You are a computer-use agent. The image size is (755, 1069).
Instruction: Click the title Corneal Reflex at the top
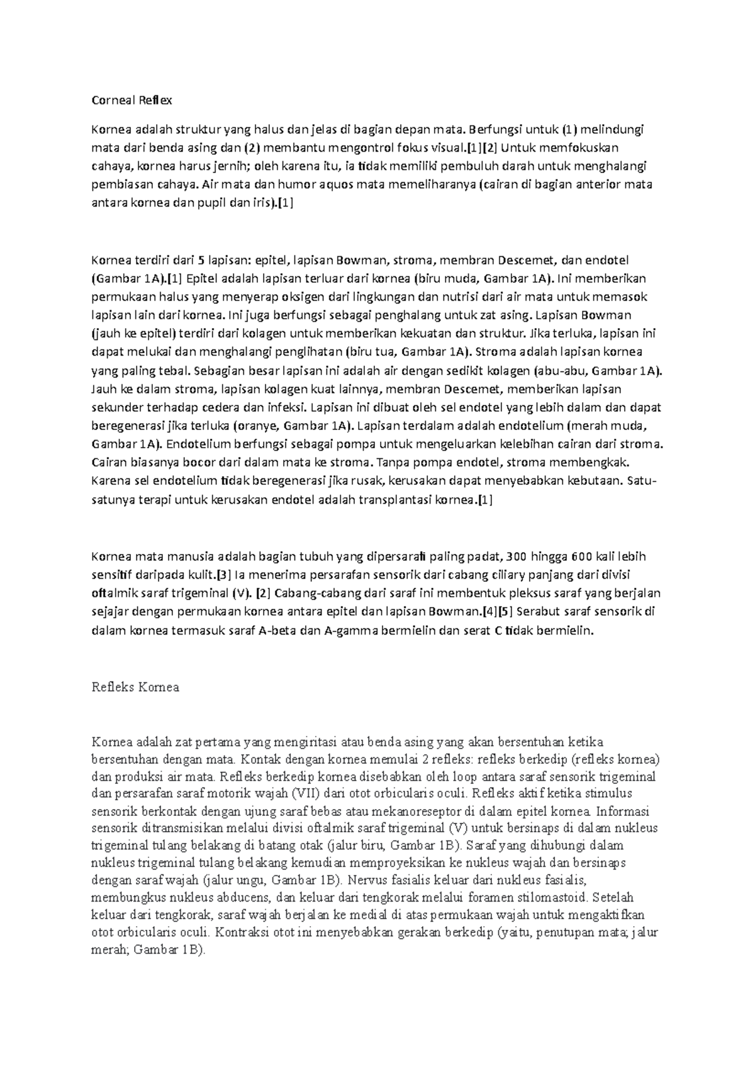(131, 100)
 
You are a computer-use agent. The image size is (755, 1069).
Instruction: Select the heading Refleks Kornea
(135, 687)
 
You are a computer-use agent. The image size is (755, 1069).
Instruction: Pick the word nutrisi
(479, 297)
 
